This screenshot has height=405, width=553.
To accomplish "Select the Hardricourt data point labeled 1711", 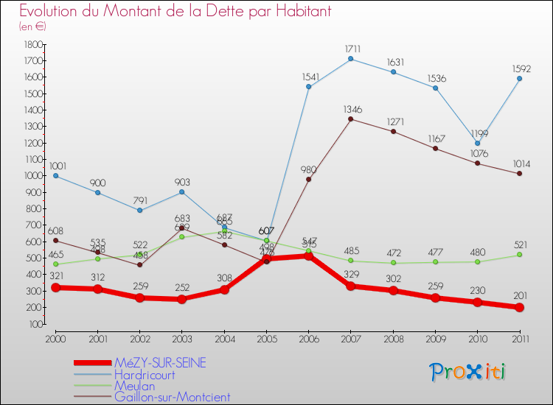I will (x=350, y=59).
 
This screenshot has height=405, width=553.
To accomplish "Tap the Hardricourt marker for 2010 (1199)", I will (x=477, y=143).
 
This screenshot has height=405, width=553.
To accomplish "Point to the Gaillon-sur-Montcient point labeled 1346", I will (x=350, y=119).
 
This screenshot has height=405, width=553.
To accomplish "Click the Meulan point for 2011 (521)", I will (x=519, y=255).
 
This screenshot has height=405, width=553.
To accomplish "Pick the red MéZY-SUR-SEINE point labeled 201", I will (x=519, y=307).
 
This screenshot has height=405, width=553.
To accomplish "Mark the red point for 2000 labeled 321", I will (x=55, y=287).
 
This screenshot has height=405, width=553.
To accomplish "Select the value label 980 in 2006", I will (x=308, y=169).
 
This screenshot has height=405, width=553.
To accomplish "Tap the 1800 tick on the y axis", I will (x=32, y=44).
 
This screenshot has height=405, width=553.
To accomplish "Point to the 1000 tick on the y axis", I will (x=32, y=176).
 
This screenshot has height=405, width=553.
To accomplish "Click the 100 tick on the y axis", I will (x=34, y=324).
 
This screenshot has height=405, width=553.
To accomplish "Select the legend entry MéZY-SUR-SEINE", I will (x=159, y=362).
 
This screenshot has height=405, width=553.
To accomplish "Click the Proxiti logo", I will (x=468, y=372).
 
